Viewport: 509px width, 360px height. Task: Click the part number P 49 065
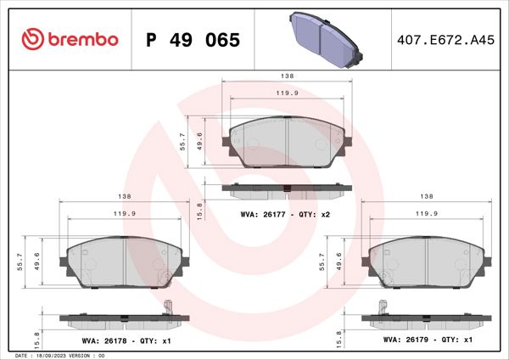pos(194,40)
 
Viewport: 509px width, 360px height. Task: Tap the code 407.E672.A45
pos(445,40)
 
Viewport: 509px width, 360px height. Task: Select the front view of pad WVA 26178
pos(125,260)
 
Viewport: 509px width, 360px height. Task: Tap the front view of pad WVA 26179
pos(427,260)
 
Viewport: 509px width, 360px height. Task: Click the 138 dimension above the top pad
pos(287,76)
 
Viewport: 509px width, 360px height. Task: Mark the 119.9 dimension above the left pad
pos(125,214)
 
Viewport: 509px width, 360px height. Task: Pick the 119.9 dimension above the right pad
pos(427,214)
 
